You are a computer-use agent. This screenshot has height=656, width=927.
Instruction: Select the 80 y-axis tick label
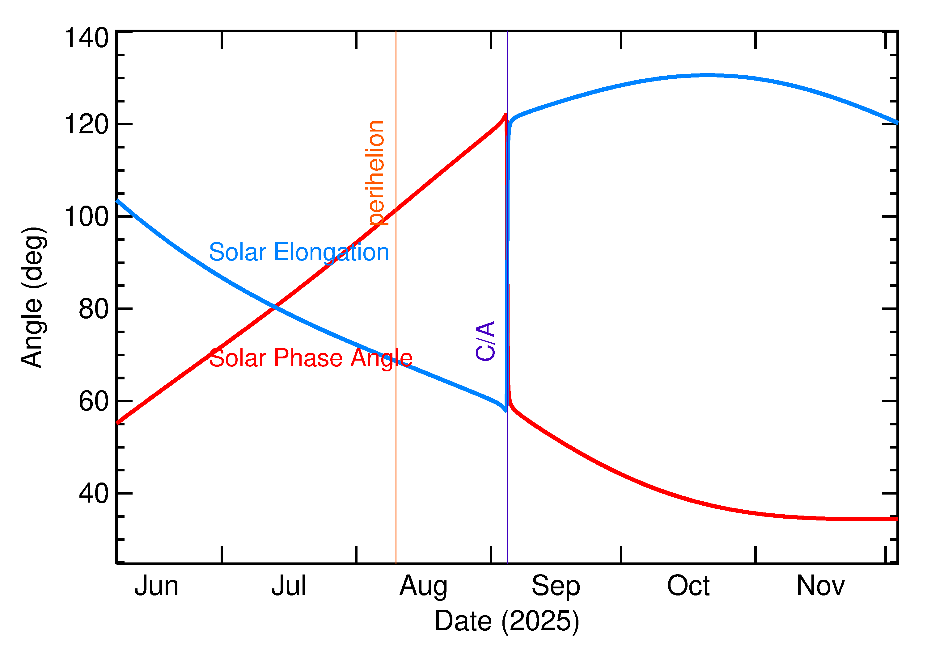[94, 309]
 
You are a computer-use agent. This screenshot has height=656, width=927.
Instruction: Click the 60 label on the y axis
[94, 402]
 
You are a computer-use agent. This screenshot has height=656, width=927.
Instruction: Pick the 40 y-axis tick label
[94, 494]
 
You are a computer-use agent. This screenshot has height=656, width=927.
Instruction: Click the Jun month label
[156, 587]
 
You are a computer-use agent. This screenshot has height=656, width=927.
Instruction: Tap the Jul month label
[289, 587]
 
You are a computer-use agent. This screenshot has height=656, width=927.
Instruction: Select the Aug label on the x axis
[423, 587]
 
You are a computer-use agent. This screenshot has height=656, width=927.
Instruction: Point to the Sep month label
[556, 587]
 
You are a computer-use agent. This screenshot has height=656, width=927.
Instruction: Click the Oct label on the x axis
[688, 587]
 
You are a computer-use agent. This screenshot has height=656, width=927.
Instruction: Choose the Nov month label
[820, 587]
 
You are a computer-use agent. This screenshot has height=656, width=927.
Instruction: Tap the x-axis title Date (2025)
[506, 621]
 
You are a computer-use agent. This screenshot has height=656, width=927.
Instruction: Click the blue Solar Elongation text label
[299, 253]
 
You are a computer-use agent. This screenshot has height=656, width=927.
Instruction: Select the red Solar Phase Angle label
[311, 358]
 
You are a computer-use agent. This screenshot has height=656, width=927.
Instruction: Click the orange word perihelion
[375, 173]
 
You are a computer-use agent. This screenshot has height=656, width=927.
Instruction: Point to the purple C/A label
[485, 341]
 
